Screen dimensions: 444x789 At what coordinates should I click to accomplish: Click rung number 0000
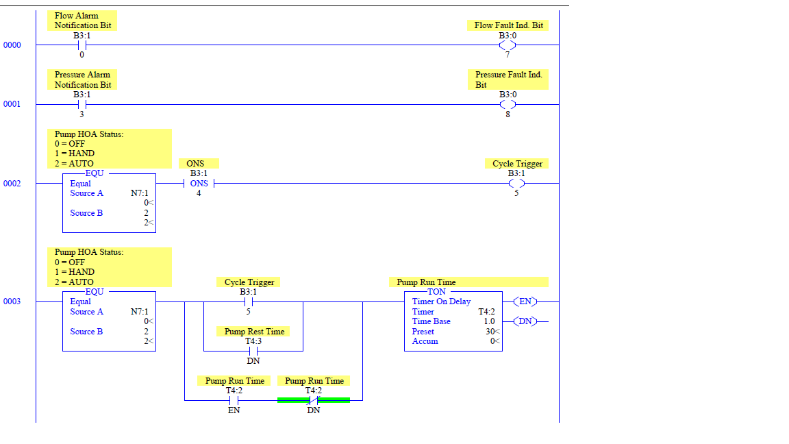(x=12, y=45)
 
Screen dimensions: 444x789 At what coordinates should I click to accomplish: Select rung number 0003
(x=12, y=301)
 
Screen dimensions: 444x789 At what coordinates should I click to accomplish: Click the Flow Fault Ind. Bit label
(x=508, y=25)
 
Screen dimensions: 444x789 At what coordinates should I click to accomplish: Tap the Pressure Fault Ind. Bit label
(x=508, y=79)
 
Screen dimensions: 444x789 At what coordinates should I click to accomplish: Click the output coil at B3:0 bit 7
(x=508, y=45)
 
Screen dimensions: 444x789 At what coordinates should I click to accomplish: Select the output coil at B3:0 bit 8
(x=508, y=104)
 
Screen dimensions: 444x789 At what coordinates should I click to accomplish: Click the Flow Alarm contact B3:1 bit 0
(x=82, y=45)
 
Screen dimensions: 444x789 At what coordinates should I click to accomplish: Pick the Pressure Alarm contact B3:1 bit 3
(x=82, y=104)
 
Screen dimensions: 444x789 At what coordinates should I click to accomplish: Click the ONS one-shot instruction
(x=199, y=184)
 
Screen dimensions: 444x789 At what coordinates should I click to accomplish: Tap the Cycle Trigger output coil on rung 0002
(x=516, y=184)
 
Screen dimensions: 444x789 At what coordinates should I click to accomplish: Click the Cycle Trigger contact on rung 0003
(x=248, y=301)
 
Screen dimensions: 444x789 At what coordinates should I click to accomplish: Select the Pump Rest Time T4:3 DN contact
(x=253, y=351)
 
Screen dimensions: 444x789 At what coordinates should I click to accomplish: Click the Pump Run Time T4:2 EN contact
(x=234, y=400)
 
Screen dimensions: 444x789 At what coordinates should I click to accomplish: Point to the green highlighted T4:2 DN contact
(x=314, y=400)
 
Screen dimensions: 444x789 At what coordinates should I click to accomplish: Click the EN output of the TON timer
(x=525, y=301)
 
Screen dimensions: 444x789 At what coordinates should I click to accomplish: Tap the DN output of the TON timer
(x=525, y=321)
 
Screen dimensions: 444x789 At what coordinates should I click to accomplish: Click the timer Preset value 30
(x=489, y=332)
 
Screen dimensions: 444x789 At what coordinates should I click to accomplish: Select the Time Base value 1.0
(x=489, y=321)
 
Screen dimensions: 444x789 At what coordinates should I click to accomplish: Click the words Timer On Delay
(x=441, y=301)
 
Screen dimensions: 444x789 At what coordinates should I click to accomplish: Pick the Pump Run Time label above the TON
(x=426, y=282)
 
